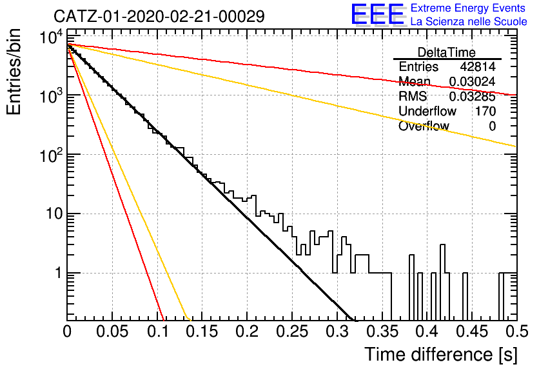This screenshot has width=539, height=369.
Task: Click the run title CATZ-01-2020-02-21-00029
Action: click(159, 16)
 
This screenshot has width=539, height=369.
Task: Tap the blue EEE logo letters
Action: click(377, 14)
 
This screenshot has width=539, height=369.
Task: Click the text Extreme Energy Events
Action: click(468, 8)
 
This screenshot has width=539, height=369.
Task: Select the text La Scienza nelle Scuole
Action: click(469, 22)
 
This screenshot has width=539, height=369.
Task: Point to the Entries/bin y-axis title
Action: click(14, 72)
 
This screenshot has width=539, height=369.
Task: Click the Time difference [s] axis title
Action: click(441, 355)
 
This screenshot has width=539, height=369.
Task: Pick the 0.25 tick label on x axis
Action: click(292, 332)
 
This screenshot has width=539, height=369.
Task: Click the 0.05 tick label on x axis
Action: click(112, 332)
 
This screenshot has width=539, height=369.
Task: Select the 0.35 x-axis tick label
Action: click(382, 332)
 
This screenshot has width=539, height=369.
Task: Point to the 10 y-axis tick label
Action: click(54, 214)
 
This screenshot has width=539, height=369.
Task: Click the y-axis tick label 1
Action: click(59, 274)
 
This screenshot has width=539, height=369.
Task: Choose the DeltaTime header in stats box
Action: click(447, 52)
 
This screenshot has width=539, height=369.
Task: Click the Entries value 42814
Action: click(478, 66)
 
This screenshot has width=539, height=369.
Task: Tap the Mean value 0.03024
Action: click(473, 81)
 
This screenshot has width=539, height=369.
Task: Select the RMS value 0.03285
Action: click(473, 97)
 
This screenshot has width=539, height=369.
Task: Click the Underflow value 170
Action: click(485, 111)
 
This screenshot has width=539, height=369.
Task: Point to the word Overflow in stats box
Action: click(424, 126)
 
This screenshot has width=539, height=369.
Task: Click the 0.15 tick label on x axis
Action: click(202, 332)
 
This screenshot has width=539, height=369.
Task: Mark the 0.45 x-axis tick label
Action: click(473, 332)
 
